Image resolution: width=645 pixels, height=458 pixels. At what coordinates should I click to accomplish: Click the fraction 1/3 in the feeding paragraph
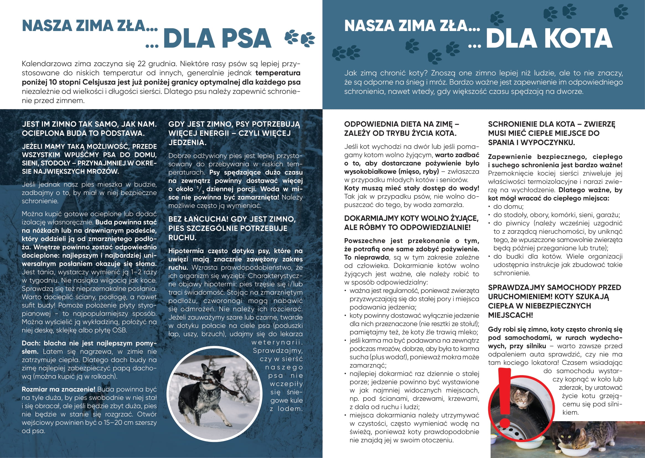pos(200,189)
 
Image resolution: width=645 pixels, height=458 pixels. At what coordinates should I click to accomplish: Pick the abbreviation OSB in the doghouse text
pos(119,330)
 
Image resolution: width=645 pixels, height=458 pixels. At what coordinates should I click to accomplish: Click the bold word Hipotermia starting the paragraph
pos(186,251)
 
